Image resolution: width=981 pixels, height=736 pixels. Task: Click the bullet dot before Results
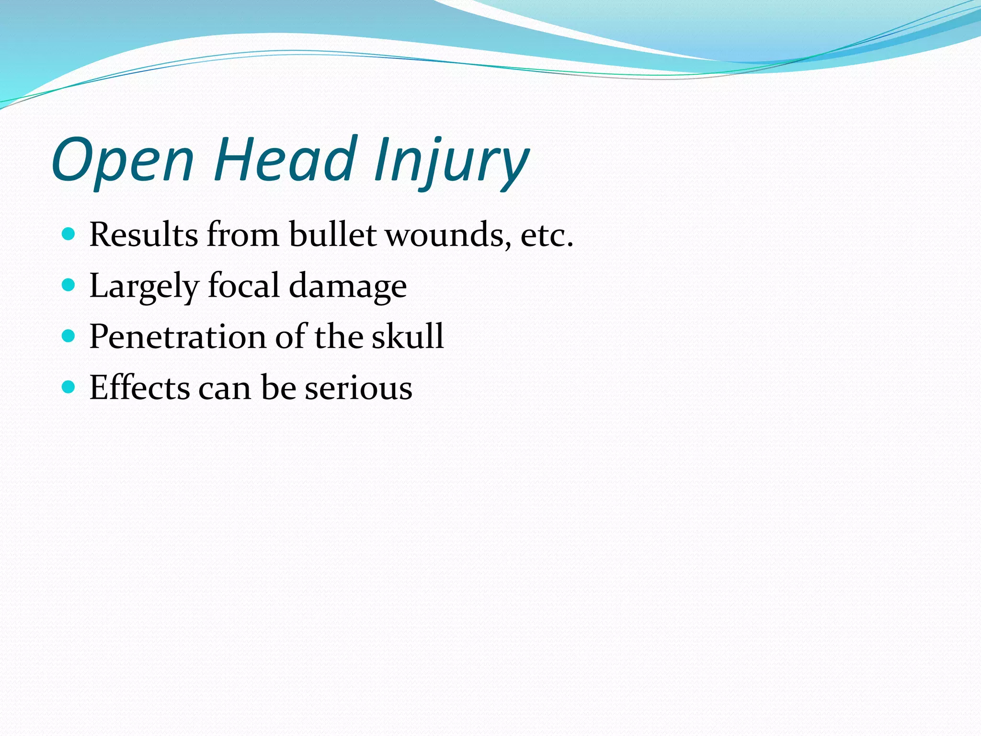click(69, 234)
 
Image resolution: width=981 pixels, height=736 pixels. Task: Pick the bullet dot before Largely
click(69, 285)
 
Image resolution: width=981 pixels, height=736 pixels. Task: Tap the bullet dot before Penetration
click(69, 336)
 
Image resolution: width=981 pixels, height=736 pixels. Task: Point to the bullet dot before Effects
click(69, 387)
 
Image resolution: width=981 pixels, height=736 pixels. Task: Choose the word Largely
click(144, 287)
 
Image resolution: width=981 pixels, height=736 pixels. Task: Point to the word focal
click(243, 286)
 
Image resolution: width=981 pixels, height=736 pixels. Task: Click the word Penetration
click(177, 336)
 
